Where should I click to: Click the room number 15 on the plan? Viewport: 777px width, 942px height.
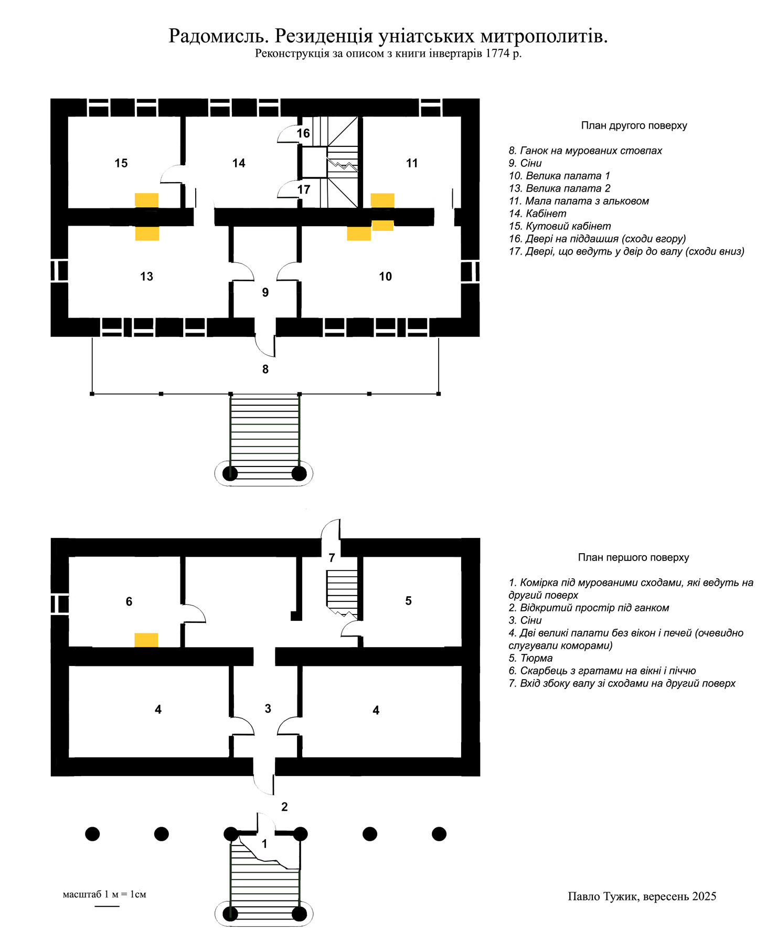[121, 163]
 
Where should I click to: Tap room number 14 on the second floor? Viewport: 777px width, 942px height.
[239, 163]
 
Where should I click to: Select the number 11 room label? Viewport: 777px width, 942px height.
[412, 163]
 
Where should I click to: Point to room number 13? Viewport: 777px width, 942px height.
[146, 277]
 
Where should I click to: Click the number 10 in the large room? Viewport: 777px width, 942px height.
[385, 277]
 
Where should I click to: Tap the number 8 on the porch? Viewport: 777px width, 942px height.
[265, 369]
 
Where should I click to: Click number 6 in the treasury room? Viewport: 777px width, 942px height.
[129, 601]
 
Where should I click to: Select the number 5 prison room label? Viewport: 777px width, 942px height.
[409, 601]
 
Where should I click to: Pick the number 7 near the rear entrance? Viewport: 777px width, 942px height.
[332, 558]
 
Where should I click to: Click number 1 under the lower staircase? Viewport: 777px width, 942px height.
[264, 844]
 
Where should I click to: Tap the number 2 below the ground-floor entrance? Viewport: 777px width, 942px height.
[284, 807]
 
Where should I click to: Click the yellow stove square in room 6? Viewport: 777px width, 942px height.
[146, 640]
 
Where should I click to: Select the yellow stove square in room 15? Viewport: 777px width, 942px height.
[146, 200]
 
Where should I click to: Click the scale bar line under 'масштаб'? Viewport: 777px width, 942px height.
[107, 906]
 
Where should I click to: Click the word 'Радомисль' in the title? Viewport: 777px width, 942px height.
[219, 36]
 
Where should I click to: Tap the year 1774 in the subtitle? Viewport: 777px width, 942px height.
[497, 53]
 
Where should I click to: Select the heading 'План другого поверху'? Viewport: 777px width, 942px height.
[634, 125]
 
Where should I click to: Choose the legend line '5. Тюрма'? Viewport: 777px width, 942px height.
[530, 658]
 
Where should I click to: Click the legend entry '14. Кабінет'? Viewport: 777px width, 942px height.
[537, 214]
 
